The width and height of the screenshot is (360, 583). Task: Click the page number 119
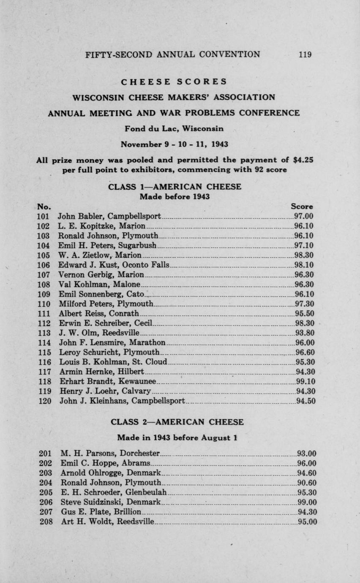[305, 54]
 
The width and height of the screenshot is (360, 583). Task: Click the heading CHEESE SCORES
[174, 82]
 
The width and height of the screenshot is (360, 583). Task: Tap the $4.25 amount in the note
[303, 160]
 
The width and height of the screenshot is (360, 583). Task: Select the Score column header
[302, 207]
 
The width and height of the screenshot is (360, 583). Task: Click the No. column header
[44, 207]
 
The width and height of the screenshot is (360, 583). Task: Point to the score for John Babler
[303, 216]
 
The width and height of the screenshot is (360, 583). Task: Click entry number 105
[44, 255]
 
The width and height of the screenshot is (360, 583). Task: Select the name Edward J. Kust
[86, 265]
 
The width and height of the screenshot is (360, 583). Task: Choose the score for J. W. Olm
[304, 333]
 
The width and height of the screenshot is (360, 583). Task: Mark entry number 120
[45, 401]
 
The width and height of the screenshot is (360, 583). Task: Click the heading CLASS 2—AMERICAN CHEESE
[177, 422]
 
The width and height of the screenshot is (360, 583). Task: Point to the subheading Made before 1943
[175, 196]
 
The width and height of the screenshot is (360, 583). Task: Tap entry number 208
[46, 521]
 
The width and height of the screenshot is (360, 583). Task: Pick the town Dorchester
[140, 453]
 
